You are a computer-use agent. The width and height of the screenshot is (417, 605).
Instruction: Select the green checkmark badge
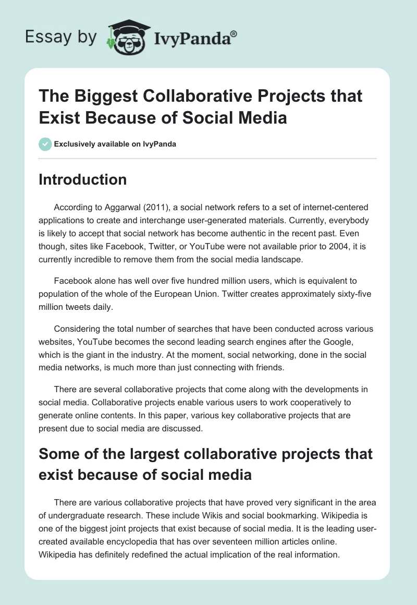coord(45,144)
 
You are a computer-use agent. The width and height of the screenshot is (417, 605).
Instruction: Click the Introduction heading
coord(82,179)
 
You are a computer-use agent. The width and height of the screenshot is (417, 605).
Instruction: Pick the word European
coord(181,294)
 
